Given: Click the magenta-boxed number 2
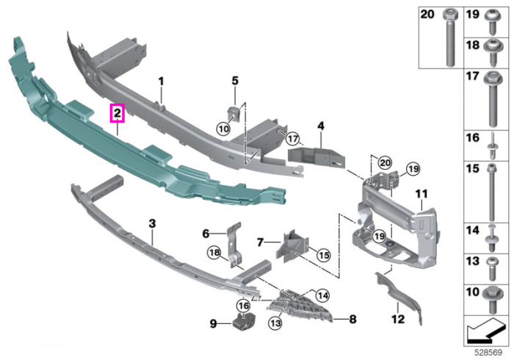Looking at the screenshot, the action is pos(117,113).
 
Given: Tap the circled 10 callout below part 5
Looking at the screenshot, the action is pos(223,129).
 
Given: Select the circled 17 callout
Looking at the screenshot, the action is pos(292,138).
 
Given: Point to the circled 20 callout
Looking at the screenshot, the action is pos(385,163).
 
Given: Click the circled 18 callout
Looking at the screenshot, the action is pos(214,253).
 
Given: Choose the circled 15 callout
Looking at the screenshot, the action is pos(324,255).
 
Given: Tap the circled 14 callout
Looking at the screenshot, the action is pos(322,296).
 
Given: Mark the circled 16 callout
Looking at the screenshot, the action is pos(244,306).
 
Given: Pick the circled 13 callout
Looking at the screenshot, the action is pos(275,323).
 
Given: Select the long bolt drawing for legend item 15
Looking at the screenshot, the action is pos(491,192).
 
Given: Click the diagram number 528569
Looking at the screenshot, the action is pos(488,353).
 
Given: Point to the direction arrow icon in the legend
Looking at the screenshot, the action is pos(485,331).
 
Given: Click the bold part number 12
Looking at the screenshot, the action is pos(398,318).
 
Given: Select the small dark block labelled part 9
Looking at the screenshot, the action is pos(245,323).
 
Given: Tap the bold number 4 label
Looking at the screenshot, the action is pos(321,126).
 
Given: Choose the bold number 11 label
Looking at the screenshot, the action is pos(421,194).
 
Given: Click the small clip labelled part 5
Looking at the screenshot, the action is pos(234,113).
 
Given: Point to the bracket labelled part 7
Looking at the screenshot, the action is pos(292,246).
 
